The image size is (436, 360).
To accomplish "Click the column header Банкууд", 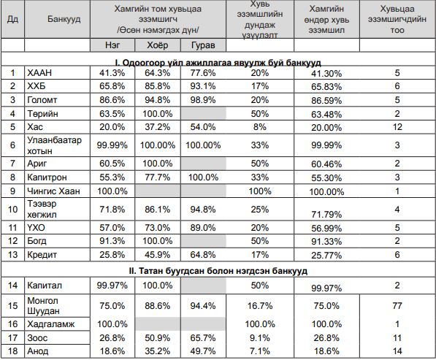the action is [x=64, y=19].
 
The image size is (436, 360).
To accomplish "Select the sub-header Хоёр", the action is [x=157, y=45].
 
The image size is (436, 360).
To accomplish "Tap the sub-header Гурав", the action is [x=203, y=45].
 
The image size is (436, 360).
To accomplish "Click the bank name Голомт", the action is [x=42, y=100].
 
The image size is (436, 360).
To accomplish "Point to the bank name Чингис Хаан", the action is [x=53, y=191].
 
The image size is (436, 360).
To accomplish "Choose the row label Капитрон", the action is [x=47, y=177].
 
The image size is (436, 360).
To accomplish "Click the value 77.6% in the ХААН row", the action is [x=203, y=73].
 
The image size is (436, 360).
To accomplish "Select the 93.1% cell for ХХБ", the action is [x=203, y=86].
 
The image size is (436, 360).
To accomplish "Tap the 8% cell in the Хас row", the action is [x=260, y=127].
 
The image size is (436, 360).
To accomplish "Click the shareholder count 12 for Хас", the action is [x=397, y=127].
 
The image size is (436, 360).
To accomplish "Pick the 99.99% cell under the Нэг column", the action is [x=112, y=145].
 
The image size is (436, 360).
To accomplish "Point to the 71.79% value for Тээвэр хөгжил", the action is [x=326, y=215].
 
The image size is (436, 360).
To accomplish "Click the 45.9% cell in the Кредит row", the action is [x=157, y=255].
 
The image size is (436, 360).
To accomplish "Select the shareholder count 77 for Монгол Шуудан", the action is [x=397, y=306].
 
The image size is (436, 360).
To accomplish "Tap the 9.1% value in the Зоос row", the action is [x=260, y=338].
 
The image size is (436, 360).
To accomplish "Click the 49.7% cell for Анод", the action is [x=203, y=351].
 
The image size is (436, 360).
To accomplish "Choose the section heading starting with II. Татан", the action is [x=218, y=271].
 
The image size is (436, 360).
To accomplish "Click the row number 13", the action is [x=13, y=255].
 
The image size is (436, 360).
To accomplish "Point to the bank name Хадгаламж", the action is [x=51, y=324].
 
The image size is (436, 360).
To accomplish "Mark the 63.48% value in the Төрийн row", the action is [x=326, y=114].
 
